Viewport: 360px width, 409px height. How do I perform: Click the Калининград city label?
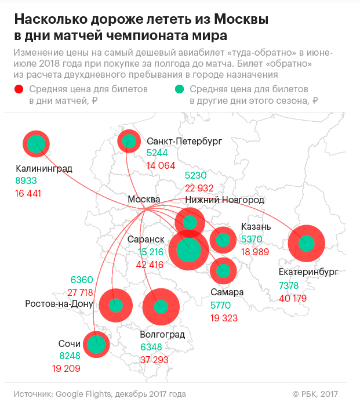(44, 169)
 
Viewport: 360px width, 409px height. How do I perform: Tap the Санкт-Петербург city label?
(184, 141)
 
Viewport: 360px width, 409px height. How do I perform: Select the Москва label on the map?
(143, 200)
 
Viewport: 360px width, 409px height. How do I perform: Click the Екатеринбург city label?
(308, 272)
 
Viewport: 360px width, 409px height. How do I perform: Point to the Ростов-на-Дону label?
(60, 304)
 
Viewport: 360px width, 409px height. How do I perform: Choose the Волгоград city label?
(162, 335)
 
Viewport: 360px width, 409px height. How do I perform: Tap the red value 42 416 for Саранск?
(150, 265)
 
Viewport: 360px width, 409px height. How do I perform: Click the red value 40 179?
(293, 298)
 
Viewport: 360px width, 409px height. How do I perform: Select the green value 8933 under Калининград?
(26, 181)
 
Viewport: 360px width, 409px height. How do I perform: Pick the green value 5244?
(158, 153)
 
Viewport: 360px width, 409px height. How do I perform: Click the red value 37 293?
(155, 360)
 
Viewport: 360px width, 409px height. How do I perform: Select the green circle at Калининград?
(37, 143)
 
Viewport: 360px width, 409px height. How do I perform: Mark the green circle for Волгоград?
(161, 307)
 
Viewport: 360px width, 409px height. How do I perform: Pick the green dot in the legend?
(180, 89)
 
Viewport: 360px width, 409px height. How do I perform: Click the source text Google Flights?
(83, 394)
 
